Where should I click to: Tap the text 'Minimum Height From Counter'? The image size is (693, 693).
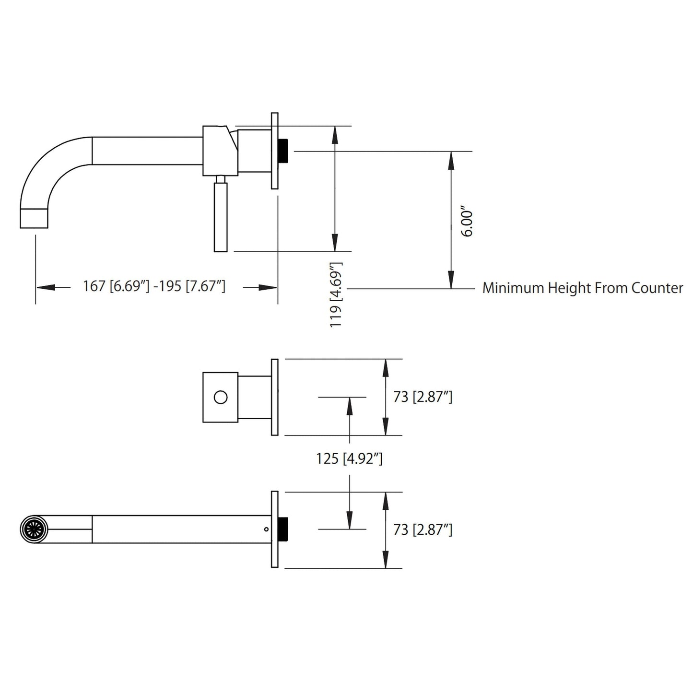click(x=582, y=288)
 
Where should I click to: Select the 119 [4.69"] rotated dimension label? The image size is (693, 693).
click(x=336, y=294)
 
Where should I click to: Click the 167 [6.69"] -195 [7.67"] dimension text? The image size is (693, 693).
click(x=154, y=286)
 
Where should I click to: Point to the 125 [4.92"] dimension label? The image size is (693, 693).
click(x=349, y=459)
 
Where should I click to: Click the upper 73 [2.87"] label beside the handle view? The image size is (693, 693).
click(x=423, y=397)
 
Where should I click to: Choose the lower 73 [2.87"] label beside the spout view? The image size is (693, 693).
click(x=423, y=530)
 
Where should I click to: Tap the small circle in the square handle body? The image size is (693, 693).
click(x=221, y=397)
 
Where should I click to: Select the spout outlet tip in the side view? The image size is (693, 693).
click(x=35, y=218)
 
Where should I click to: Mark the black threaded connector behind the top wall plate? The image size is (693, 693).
click(x=283, y=151)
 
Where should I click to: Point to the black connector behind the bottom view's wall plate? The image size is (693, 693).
click(x=283, y=529)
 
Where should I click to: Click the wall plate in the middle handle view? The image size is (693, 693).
click(x=275, y=397)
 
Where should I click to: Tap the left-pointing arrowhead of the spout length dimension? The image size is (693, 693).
click(x=46, y=287)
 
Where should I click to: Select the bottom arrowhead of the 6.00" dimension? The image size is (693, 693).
click(x=451, y=280)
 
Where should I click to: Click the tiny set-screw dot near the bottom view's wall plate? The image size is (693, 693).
click(x=266, y=529)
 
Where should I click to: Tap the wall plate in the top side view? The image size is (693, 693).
click(x=275, y=151)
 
